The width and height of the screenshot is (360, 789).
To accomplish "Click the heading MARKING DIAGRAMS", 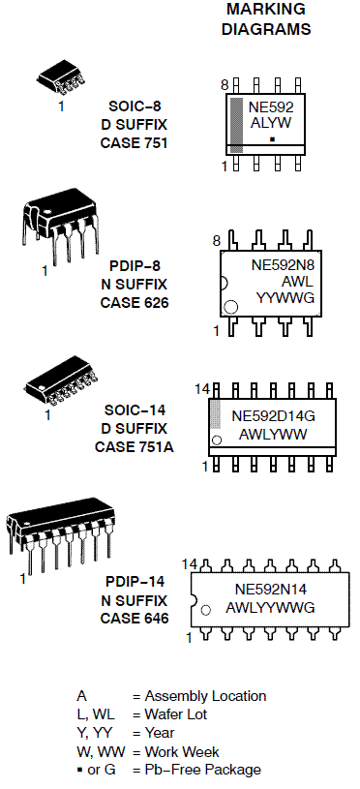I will [x=266, y=19].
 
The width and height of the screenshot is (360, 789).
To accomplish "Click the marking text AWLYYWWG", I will [x=270, y=608].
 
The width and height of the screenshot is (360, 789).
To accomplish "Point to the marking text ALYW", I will [x=273, y=122].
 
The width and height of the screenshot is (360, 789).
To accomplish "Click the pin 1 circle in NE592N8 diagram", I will [x=230, y=307].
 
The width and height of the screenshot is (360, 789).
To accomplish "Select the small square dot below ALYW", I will [x=273, y=139].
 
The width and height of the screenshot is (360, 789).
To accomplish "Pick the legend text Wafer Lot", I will [x=177, y=714].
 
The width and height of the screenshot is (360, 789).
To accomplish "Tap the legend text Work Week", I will [x=182, y=751].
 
